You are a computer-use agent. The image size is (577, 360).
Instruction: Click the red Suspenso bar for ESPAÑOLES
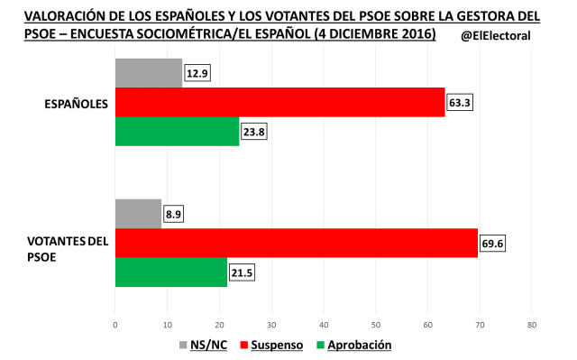point(279,103)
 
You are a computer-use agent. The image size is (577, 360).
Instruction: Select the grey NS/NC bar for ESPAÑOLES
point(149,73)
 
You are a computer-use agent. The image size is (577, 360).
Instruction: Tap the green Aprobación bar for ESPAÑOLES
point(177,132)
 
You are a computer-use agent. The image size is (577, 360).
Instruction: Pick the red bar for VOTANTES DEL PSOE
point(296,244)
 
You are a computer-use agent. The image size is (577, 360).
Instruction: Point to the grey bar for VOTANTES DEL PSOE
point(138,214)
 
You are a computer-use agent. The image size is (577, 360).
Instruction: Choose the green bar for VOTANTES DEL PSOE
point(171,273)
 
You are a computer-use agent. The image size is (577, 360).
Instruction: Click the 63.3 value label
point(460,103)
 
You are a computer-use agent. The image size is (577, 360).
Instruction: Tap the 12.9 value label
point(197,73)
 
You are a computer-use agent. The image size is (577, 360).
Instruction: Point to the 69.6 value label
point(492,244)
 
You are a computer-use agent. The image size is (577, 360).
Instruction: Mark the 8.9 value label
point(174,214)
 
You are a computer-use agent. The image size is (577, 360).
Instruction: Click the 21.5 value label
point(243,273)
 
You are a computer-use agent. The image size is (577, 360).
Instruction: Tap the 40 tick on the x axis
point(324,322)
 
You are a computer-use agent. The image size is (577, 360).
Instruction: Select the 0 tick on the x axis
point(115,322)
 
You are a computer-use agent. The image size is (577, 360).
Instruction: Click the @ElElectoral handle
point(495,36)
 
